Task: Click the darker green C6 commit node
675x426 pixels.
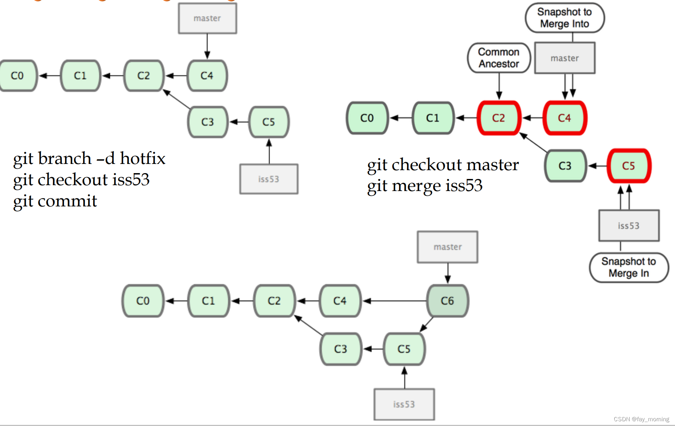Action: coord(448,301)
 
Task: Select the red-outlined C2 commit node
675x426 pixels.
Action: coord(499,118)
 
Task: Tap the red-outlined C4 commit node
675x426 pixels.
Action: coord(565,118)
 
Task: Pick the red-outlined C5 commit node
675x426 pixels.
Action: coord(629,166)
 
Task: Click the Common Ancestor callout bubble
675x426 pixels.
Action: coord(499,58)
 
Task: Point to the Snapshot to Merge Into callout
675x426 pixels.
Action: coord(565,18)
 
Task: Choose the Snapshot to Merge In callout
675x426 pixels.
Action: coord(629,268)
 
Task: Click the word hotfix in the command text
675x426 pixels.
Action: coord(143,158)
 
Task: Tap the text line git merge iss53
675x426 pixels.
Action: coord(425,186)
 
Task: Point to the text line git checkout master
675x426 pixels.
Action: coord(443,165)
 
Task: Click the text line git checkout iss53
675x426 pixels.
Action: coord(81,180)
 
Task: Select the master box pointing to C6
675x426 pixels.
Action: coord(448,247)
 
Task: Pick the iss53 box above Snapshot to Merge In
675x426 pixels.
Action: coord(629,225)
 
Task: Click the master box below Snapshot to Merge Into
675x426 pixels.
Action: coord(565,58)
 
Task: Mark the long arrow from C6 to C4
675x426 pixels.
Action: coord(394,301)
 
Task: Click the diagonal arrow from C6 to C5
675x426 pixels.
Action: coord(426,325)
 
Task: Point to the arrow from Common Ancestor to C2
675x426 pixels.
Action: coord(499,86)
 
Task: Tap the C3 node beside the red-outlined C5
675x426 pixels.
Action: coord(565,166)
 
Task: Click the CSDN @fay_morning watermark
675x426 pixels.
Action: coord(641,419)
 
